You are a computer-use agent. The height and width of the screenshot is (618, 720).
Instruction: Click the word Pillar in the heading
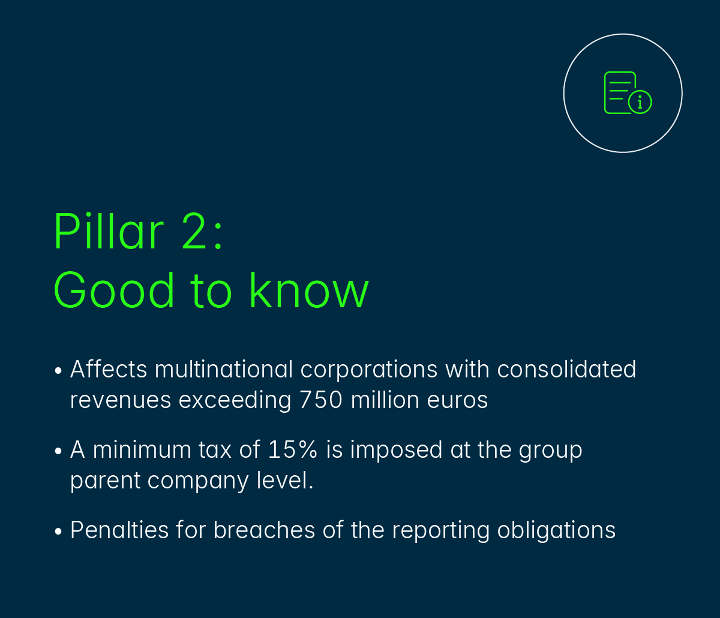point(109,231)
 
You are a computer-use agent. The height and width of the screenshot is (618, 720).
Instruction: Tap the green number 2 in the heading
point(194,231)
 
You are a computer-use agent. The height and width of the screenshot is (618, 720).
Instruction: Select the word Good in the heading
point(114,290)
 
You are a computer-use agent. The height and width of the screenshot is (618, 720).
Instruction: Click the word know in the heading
point(309,290)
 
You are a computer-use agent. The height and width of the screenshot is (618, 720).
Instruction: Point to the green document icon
point(620,92)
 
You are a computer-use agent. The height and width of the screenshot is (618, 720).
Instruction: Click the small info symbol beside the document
point(640,102)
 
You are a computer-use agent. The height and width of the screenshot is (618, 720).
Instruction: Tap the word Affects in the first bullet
point(109,369)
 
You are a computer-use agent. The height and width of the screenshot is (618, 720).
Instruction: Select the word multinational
point(224,369)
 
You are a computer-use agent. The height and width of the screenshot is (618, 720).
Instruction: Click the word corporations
point(369,371)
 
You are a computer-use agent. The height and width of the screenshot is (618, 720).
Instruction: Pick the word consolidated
point(566,369)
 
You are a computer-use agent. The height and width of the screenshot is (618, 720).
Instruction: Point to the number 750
point(321,400)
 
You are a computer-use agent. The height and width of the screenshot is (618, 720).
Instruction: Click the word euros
point(457,401)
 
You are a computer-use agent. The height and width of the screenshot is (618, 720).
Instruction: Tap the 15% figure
point(293,449)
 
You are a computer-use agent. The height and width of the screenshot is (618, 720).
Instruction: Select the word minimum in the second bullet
point(142,449)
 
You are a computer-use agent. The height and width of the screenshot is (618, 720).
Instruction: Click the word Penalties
point(119,530)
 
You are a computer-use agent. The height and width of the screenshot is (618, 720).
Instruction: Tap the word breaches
point(264,530)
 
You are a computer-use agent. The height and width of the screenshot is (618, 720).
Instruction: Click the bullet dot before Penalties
point(58,531)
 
